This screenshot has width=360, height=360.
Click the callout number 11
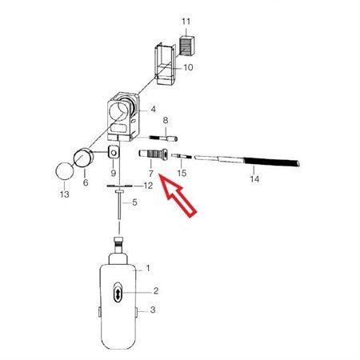coord(186,22)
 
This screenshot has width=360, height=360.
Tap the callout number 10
coord(189,67)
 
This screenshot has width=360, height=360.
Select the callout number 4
coord(153,110)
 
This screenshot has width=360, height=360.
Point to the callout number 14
coord(254,179)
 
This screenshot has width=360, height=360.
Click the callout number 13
coord(65,194)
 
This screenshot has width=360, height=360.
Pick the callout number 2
coord(156,290)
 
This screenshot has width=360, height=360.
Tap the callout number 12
coord(148,186)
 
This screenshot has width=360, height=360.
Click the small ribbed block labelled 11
coord(187,46)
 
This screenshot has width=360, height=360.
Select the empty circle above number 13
coord(65,171)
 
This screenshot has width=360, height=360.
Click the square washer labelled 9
coord(114,152)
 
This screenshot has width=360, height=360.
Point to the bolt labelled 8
coord(163,138)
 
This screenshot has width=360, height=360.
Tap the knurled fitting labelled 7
coord(154,154)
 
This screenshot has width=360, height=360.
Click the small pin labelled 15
coord(182,156)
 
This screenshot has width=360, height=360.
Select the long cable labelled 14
coord(247,161)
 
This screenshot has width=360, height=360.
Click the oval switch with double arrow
coord(118,293)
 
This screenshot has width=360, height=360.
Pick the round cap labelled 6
coord(83,158)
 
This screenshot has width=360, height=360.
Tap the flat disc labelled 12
coord(120,186)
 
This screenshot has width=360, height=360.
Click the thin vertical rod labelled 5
coord(119,205)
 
